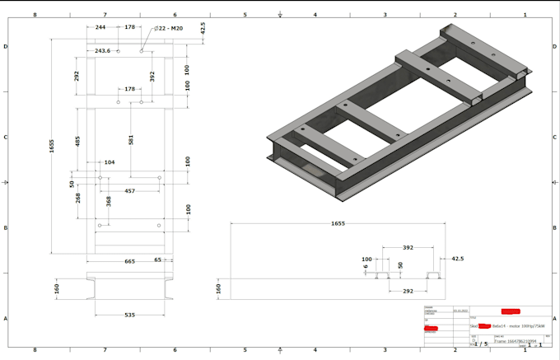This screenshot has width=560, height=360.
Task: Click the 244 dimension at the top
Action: coord(100,27)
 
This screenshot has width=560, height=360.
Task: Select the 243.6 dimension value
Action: coord(102,51)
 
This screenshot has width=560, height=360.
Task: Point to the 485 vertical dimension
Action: coord(77,142)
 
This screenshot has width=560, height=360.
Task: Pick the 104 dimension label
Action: coord(109,163)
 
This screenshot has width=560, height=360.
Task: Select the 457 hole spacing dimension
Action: coord(130,191)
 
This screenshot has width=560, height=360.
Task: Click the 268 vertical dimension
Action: coord(77,198)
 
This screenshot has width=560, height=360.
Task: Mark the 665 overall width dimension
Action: coord(130,261)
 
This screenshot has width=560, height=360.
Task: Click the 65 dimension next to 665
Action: coord(158,260)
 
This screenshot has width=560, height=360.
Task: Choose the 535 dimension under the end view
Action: coord(130,314)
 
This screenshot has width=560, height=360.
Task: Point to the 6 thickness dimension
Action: coord(366,266)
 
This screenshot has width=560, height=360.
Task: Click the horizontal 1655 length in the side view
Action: coord(338,223)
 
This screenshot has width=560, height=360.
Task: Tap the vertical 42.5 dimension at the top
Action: coord(203,28)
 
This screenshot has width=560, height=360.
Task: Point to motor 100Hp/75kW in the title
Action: coord(527,326)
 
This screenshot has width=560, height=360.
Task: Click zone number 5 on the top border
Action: coord(245,14)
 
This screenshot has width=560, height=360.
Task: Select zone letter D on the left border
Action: coord(5,47)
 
